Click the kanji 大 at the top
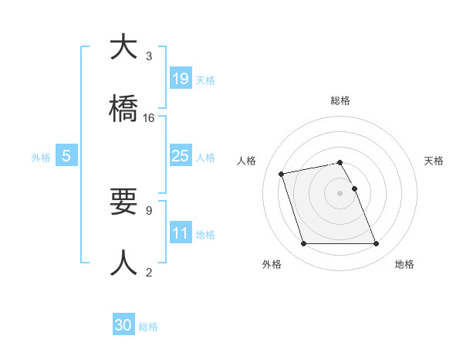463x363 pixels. pos(124,48)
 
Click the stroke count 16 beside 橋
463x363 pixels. pos(149,117)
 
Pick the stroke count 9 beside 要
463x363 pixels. pos(149,210)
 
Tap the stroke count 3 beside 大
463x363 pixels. pos(149,56)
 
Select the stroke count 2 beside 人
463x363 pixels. pos(149,272)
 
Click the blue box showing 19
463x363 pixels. pos(180,78)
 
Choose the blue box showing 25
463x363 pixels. pos(180,156)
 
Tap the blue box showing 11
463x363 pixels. pos(180,232)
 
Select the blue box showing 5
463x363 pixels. pos(66,156)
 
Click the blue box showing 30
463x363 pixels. pos(123,325)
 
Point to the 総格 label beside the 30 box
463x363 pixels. pos(148,327)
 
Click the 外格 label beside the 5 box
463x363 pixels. pos(41,158)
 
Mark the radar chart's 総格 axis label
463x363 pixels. pos(340,100)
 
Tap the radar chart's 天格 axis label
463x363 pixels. pos(434,161)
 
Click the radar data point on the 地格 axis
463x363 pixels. pos(376,244)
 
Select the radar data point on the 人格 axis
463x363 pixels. pos(282,173)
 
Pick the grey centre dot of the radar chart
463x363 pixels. pos(340,192)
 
